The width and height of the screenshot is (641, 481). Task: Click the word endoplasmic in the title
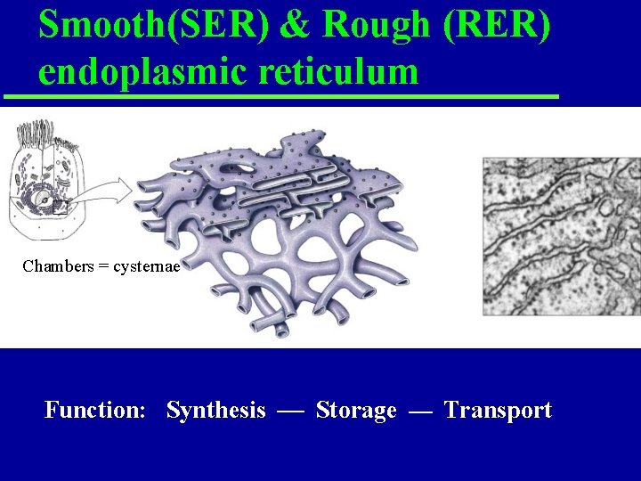click(x=143, y=71)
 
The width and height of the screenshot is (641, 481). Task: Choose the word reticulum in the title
click(x=339, y=71)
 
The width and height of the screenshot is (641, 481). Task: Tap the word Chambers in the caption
click(x=57, y=266)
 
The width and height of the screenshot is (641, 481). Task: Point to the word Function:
click(x=95, y=411)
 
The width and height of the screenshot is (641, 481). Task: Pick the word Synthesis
click(x=215, y=411)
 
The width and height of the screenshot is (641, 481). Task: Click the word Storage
click(x=356, y=411)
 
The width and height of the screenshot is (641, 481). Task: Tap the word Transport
click(x=498, y=411)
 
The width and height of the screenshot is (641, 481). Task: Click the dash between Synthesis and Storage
click(x=290, y=412)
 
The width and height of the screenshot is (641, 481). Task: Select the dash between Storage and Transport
click(x=420, y=412)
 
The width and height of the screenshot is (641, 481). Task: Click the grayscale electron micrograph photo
click(x=561, y=236)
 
